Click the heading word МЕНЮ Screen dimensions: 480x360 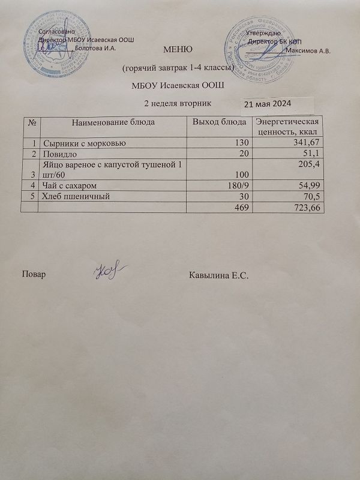pyautogui.click(x=178, y=49)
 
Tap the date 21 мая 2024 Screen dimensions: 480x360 pyautogui.click(x=268, y=104)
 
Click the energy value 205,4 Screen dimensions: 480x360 pyautogui.click(x=307, y=164)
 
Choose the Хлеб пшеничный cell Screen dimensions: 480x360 pyautogui.click(x=77, y=196)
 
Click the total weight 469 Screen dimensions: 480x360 pyautogui.click(x=239, y=207)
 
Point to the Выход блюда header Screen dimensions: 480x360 pyautogui.click(x=219, y=122)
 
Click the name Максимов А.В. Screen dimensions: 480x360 pyautogui.click(x=309, y=50)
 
